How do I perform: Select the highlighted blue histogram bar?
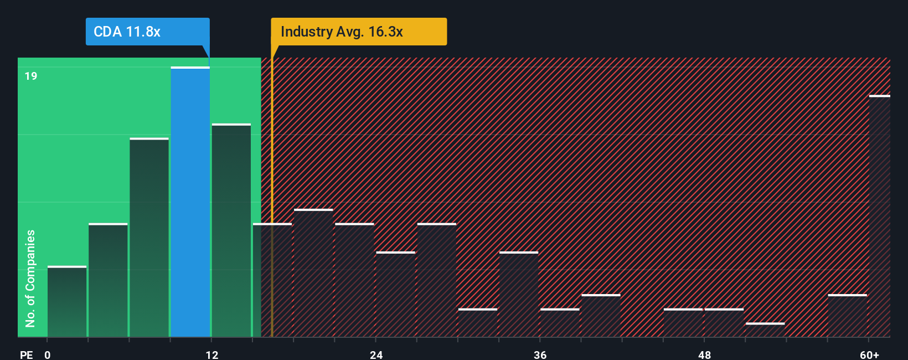click(x=190, y=202)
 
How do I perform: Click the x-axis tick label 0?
click(x=48, y=354)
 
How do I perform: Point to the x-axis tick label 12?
click(x=211, y=354)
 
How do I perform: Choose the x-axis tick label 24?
click(x=376, y=354)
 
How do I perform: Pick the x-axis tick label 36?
click(x=540, y=354)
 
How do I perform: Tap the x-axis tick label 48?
click(x=704, y=354)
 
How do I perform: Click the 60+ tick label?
click(x=869, y=354)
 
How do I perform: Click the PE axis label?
click(x=26, y=354)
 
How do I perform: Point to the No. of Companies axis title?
click(x=30, y=278)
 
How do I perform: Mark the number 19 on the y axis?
click(x=31, y=76)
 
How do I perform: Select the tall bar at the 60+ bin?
click(x=879, y=216)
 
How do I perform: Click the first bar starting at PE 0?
click(x=67, y=302)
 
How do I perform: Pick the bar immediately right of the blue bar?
click(x=231, y=230)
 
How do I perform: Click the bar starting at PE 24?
click(x=395, y=294)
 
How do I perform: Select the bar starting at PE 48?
click(x=724, y=323)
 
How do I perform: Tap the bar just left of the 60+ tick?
click(x=847, y=316)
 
